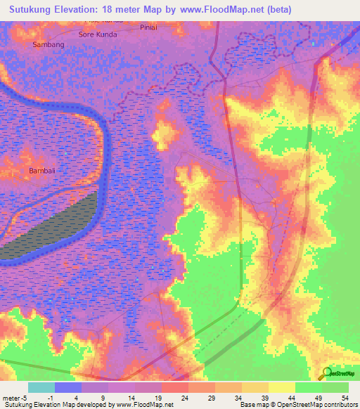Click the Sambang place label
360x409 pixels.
coord(49,44)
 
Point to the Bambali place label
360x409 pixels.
coord(41,171)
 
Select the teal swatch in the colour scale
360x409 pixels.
coord(41,387)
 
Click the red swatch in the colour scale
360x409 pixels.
coord(174,387)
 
